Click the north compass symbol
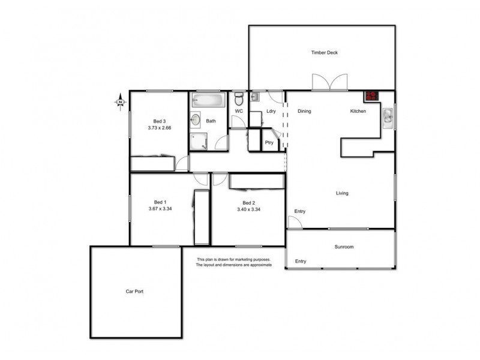[x=120, y=103]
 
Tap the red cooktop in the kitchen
[x=371, y=95]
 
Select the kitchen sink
[x=388, y=117]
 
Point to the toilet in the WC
[x=239, y=98]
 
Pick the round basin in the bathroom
[x=196, y=120]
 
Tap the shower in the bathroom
[x=198, y=142]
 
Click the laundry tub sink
[x=254, y=96]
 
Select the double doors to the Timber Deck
[x=329, y=82]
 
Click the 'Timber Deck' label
[x=324, y=53]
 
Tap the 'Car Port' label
[x=134, y=292]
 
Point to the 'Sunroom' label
[x=344, y=247]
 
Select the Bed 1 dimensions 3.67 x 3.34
[x=160, y=208]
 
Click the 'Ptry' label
[x=269, y=142]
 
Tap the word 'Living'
[x=342, y=193]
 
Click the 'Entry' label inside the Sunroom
[x=301, y=261]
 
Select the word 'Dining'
[x=304, y=111]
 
